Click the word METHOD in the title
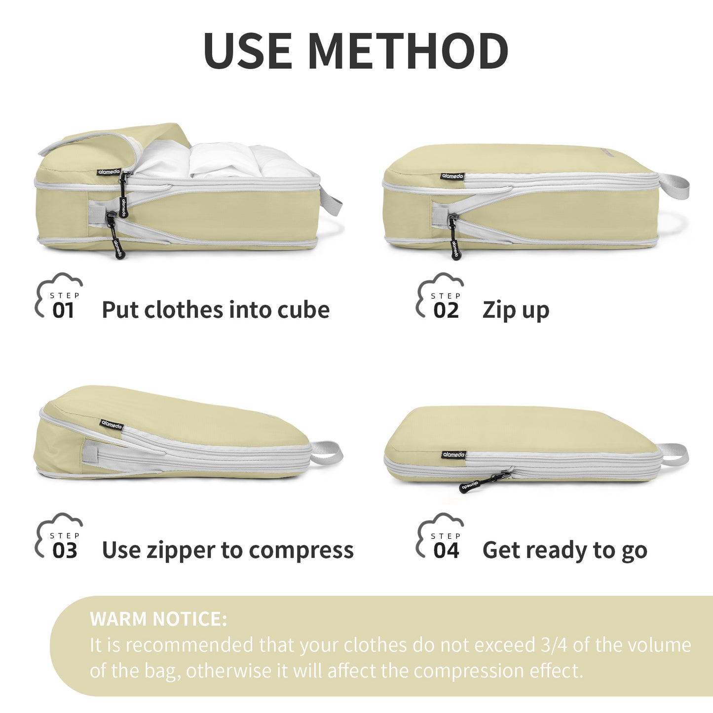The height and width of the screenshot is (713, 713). coord(409,51)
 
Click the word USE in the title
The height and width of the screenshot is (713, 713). coord(248,51)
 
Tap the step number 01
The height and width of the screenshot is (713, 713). coord(63,310)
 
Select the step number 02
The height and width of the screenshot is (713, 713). coord(446,310)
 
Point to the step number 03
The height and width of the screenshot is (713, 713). coord(65,550)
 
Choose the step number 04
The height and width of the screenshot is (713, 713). coord(447,550)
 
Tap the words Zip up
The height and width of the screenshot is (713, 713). coord(516,311)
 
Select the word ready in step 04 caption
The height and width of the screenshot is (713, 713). coord(557,551)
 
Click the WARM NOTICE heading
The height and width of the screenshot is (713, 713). coord(158,619)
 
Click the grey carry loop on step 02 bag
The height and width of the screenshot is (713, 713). coord(674,186)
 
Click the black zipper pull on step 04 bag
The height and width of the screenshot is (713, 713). coord(485,481)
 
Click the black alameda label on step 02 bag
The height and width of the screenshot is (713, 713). coord(452,176)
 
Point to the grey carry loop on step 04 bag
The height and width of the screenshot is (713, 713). coord(674,455)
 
